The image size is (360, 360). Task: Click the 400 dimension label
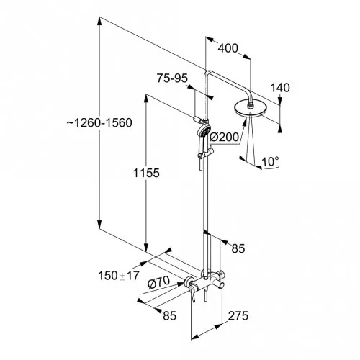point(228,48)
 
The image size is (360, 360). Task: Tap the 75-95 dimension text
point(172,78)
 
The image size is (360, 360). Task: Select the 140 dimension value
point(280,88)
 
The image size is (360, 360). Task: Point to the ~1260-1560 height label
point(99,123)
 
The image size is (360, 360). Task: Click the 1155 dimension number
point(146,173)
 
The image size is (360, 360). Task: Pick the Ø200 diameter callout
point(225,138)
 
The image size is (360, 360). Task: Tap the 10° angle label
point(270,161)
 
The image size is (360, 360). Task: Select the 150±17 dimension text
point(119,276)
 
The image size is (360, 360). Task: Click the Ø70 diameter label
point(158,283)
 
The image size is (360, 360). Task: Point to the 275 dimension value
point(238,316)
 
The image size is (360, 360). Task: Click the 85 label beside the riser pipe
point(238,248)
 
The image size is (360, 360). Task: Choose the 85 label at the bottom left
point(170,315)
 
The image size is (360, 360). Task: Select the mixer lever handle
point(192,292)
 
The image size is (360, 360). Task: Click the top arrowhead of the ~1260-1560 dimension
point(99,21)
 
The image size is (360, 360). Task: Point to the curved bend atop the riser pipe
point(207,73)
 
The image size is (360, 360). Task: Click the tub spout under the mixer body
point(205,294)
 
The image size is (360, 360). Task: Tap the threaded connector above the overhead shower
point(250,104)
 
